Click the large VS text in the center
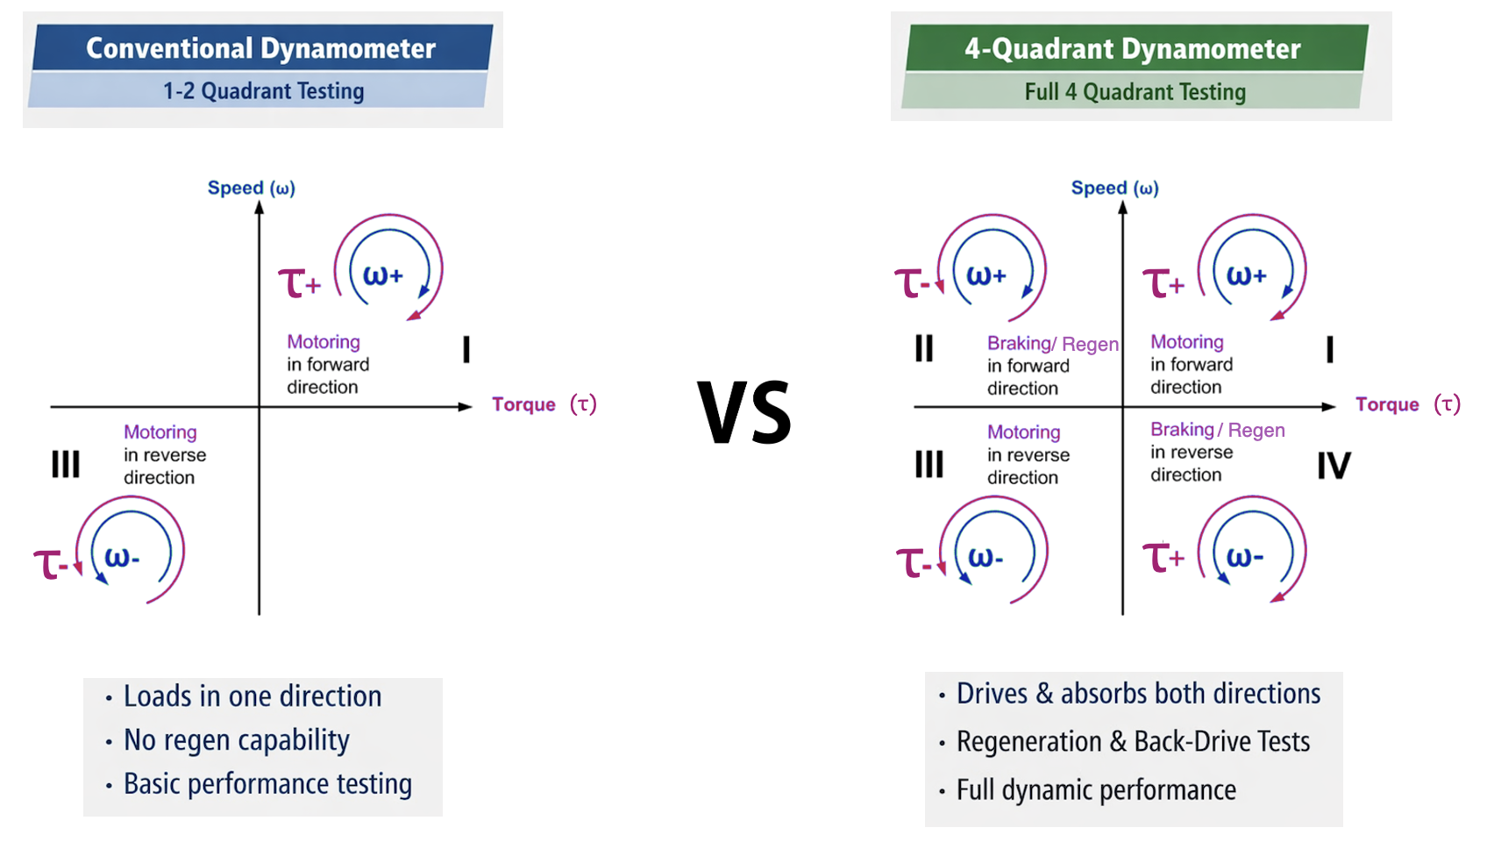click(x=745, y=413)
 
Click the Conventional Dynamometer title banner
click(x=261, y=48)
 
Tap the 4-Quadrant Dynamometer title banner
click(x=1133, y=48)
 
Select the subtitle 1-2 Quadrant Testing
click(x=263, y=91)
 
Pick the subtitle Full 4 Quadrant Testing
click(x=1135, y=92)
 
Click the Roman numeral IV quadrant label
click(x=1334, y=466)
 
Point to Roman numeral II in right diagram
click(x=924, y=348)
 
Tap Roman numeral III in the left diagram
click(x=66, y=464)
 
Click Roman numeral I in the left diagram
click(x=466, y=350)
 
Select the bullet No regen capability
click(x=237, y=740)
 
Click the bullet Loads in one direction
click(x=253, y=696)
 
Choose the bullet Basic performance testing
click(x=267, y=784)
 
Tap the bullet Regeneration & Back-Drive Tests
click(x=1133, y=742)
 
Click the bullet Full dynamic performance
click(x=1096, y=790)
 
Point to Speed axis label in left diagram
click(x=251, y=188)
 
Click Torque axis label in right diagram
click(x=1406, y=404)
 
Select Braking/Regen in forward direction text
click(x=1052, y=365)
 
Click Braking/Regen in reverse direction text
click(x=1217, y=452)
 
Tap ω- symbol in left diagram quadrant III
click(x=122, y=557)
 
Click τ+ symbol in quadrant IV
click(x=1163, y=558)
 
